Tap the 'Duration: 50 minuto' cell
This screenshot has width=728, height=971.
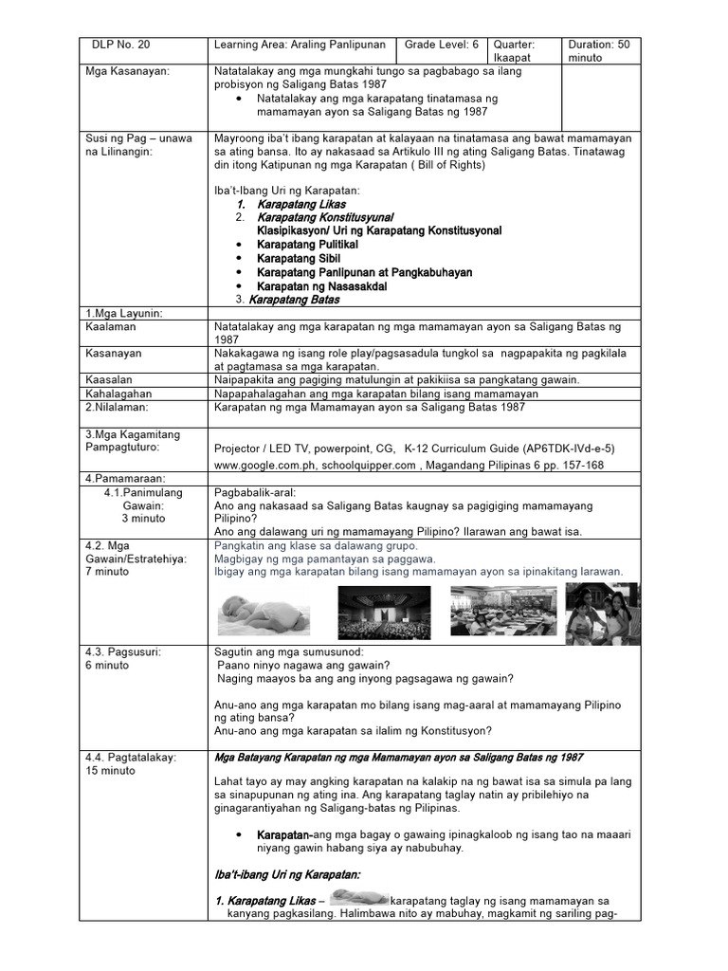600,51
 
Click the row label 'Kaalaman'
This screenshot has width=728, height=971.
111,326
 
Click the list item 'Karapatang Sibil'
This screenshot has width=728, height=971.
299,258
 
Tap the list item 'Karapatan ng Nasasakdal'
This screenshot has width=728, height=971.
321,285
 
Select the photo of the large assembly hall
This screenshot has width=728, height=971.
383,613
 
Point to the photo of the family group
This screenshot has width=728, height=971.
602,613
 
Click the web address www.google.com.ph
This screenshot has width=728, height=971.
268,467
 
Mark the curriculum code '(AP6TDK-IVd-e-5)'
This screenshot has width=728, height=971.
562,449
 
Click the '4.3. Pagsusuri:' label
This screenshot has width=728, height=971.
122,651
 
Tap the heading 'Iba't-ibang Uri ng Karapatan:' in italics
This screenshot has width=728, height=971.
287,874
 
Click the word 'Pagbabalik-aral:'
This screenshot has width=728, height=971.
255,493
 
